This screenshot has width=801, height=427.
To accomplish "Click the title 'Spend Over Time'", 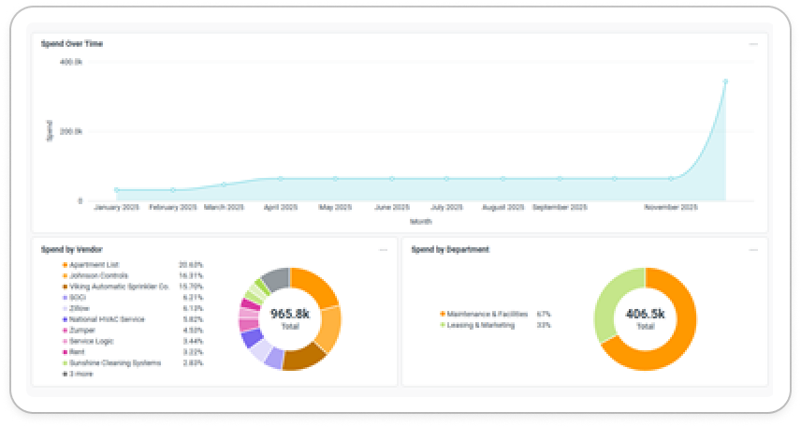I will [72, 43].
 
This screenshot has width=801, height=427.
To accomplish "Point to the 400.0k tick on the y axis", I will [71, 62].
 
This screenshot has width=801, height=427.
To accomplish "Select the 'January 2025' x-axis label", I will [117, 207].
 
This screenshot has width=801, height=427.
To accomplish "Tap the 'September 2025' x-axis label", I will [560, 207].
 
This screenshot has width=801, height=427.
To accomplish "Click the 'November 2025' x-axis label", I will [671, 207].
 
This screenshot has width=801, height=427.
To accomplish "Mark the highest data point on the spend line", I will [725, 81].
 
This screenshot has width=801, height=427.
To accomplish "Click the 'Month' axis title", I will [420, 221].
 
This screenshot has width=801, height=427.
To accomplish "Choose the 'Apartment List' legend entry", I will [94, 265].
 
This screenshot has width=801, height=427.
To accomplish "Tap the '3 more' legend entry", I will [80, 374].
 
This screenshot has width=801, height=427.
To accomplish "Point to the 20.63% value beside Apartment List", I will [191, 265].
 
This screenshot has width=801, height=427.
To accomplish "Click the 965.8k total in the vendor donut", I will [289, 314].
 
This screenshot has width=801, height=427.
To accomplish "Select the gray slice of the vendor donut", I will [275, 277].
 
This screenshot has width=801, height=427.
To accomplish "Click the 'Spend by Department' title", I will [450, 250].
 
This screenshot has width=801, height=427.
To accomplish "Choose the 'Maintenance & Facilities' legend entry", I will [486, 314].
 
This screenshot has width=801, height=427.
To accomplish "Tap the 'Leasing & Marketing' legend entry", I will [479, 325].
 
